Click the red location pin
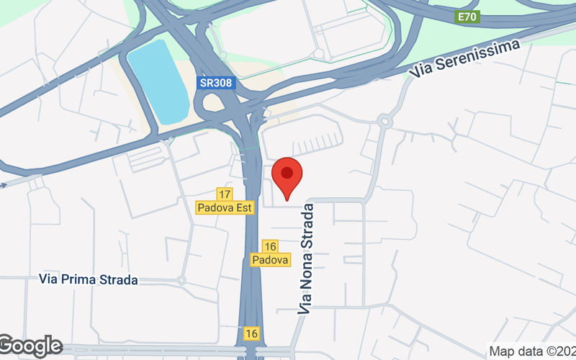(x=287, y=176)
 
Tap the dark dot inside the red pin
(x=287, y=173)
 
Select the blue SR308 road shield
(x=216, y=83)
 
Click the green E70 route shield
(x=467, y=16)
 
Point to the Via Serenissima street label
(x=464, y=58)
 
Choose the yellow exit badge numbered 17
(x=224, y=194)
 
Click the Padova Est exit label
(x=224, y=207)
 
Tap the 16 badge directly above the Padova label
(x=271, y=246)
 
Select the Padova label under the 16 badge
(x=271, y=259)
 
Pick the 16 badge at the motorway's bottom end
(x=251, y=333)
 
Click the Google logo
(x=30, y=346)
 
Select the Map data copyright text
(x=532, y=351)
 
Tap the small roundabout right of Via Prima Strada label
(x=181, y=280)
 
